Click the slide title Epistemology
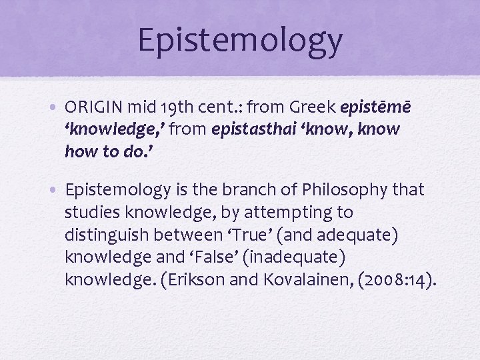click(240, 40)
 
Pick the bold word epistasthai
click(257, 129)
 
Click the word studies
click(91, 213)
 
